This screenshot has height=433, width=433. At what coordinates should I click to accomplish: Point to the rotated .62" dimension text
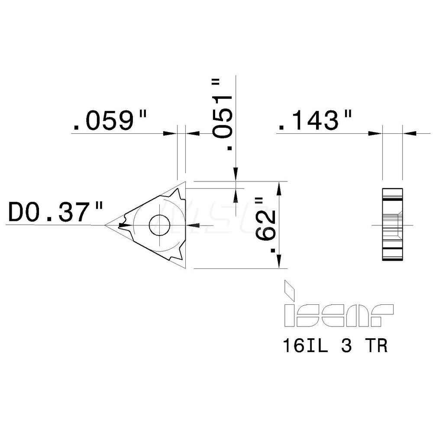265,225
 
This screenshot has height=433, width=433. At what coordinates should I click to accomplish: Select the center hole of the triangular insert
159,225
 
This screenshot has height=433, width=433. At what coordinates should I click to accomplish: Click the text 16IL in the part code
302,347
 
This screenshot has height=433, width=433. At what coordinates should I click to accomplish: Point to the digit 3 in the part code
346,347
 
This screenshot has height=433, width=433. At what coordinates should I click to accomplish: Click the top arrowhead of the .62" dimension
280,187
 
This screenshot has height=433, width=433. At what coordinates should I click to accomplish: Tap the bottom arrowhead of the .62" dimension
280,263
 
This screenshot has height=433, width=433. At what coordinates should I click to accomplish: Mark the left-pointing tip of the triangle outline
105,225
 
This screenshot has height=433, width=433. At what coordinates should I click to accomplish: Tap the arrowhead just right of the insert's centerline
191,225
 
